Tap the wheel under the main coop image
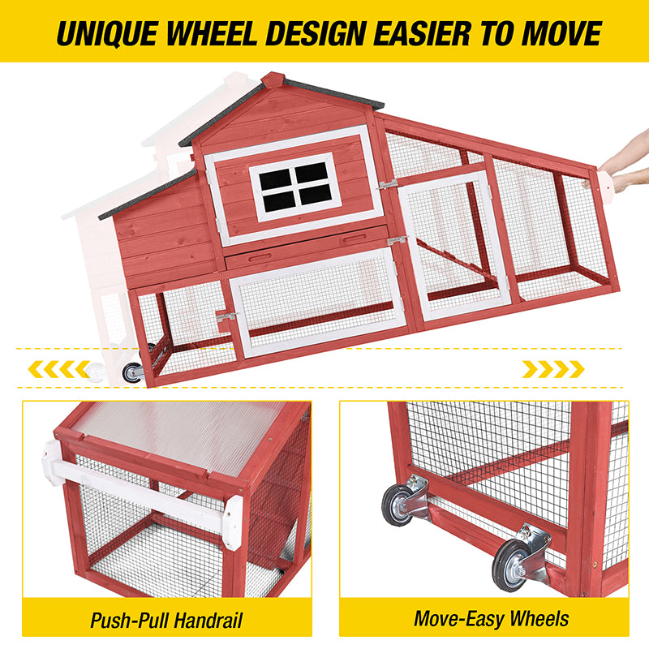pyautogui.click(x=131, y=372)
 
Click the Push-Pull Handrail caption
pyautogui.click(x=166, y=621)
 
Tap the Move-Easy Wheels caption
pyautogui.click(x=492, y=619)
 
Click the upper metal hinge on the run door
pyautogui.click(x=389, y=185)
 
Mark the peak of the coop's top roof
pyautogui.click(x=273, y=79)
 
